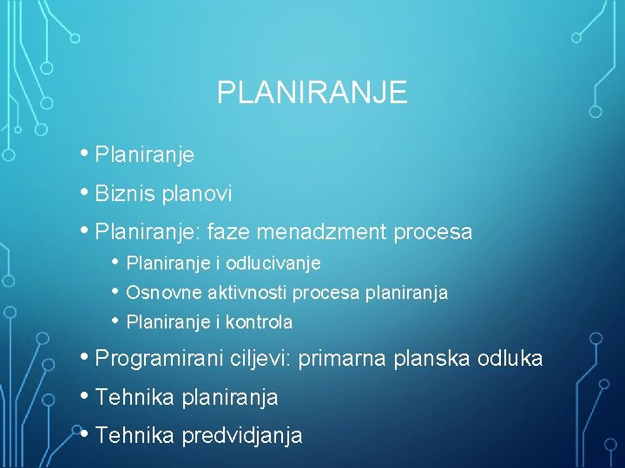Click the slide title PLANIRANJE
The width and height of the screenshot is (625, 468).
(312, 93)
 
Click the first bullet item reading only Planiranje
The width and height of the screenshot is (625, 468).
(144, 156)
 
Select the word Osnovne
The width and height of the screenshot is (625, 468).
(157, 293)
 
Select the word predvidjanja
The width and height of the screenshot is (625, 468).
(242, 436)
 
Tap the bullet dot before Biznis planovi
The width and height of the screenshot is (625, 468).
(86, 193)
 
